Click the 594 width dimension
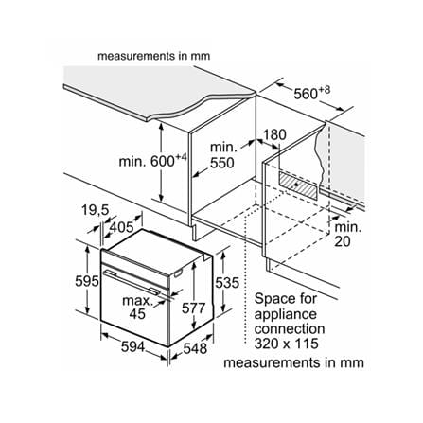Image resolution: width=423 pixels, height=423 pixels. point(132,347)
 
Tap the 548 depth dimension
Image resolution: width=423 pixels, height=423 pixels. point(195,348)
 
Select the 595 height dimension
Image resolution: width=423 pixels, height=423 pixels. point(87,281)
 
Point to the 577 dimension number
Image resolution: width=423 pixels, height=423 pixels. point(193,308)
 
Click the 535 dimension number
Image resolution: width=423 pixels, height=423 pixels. point(227,283)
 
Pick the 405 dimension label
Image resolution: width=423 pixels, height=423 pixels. point(121,227)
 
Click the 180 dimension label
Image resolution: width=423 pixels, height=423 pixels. point(274,134)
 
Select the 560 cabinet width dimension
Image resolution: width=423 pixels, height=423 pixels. point(312,93)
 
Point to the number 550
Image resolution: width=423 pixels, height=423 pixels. point(222,163)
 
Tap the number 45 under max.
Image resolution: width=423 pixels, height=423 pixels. point(137,313)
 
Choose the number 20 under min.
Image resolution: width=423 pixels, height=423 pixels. point(343,241)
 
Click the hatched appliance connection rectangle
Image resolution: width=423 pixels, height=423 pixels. point(298,185)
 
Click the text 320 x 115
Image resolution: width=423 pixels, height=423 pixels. point(287,344)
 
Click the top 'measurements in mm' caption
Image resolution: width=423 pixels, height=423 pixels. point(153,56)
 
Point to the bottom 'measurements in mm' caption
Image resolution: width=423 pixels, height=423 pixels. point(293,362)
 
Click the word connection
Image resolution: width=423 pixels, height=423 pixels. point(290,329)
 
